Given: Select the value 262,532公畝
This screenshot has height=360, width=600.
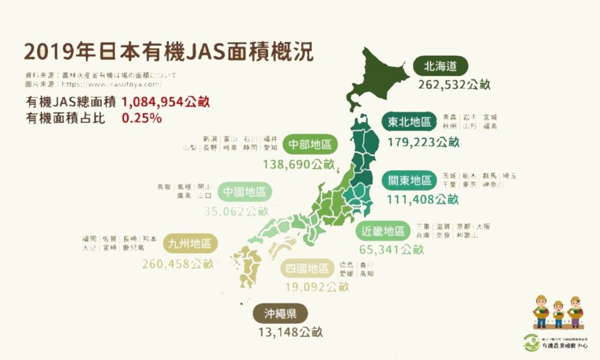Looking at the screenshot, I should (455, 84).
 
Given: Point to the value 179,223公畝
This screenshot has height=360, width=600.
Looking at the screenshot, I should (423, 142).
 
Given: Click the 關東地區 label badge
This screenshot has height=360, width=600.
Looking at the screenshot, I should (410, 181).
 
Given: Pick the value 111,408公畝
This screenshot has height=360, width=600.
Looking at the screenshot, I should (423, 200).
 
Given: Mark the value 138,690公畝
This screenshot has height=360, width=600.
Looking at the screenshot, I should (299, 165).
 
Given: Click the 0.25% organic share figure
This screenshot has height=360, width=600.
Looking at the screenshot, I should (142, 118).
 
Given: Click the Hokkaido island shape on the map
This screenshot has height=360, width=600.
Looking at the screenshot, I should (380, 77).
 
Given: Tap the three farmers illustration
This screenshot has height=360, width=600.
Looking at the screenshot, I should (557, 312).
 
